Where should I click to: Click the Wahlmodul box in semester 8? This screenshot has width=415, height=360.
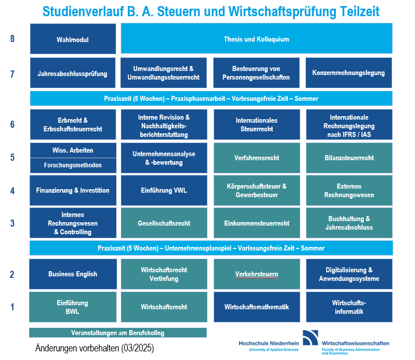tap(73, 39)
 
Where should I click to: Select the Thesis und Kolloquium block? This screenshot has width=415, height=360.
tap(257, 39)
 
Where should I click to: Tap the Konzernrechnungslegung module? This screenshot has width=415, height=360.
tap(349, 73)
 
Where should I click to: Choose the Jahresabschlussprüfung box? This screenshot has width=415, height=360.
tap(73, 73)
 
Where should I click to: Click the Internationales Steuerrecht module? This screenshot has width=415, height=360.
tap(257, 124)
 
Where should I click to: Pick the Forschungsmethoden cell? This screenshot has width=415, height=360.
tap(73, 166)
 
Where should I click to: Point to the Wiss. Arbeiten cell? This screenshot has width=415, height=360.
tap(73, 150)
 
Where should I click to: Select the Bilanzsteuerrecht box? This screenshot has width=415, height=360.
tap(349, 158)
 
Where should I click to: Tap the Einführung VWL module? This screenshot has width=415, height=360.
tap(164, 191)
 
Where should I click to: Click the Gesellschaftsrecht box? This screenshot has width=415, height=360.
tap(164, 223)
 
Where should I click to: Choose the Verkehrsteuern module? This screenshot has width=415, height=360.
tap(257, 274)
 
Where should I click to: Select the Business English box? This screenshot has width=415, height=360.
tap(73, 274)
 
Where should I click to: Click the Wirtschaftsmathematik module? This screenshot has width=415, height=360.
tap(257, 307)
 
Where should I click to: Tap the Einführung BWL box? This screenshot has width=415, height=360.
tap(73, 307)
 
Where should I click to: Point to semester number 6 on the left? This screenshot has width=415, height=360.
tap(12, 124)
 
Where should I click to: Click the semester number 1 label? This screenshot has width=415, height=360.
tap(12, 307)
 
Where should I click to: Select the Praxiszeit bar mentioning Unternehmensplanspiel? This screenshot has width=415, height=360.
tap(211, 248)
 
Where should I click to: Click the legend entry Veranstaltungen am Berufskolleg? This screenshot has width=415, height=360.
tap(118, 333)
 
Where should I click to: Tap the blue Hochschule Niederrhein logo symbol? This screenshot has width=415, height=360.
tap(310, 338)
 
